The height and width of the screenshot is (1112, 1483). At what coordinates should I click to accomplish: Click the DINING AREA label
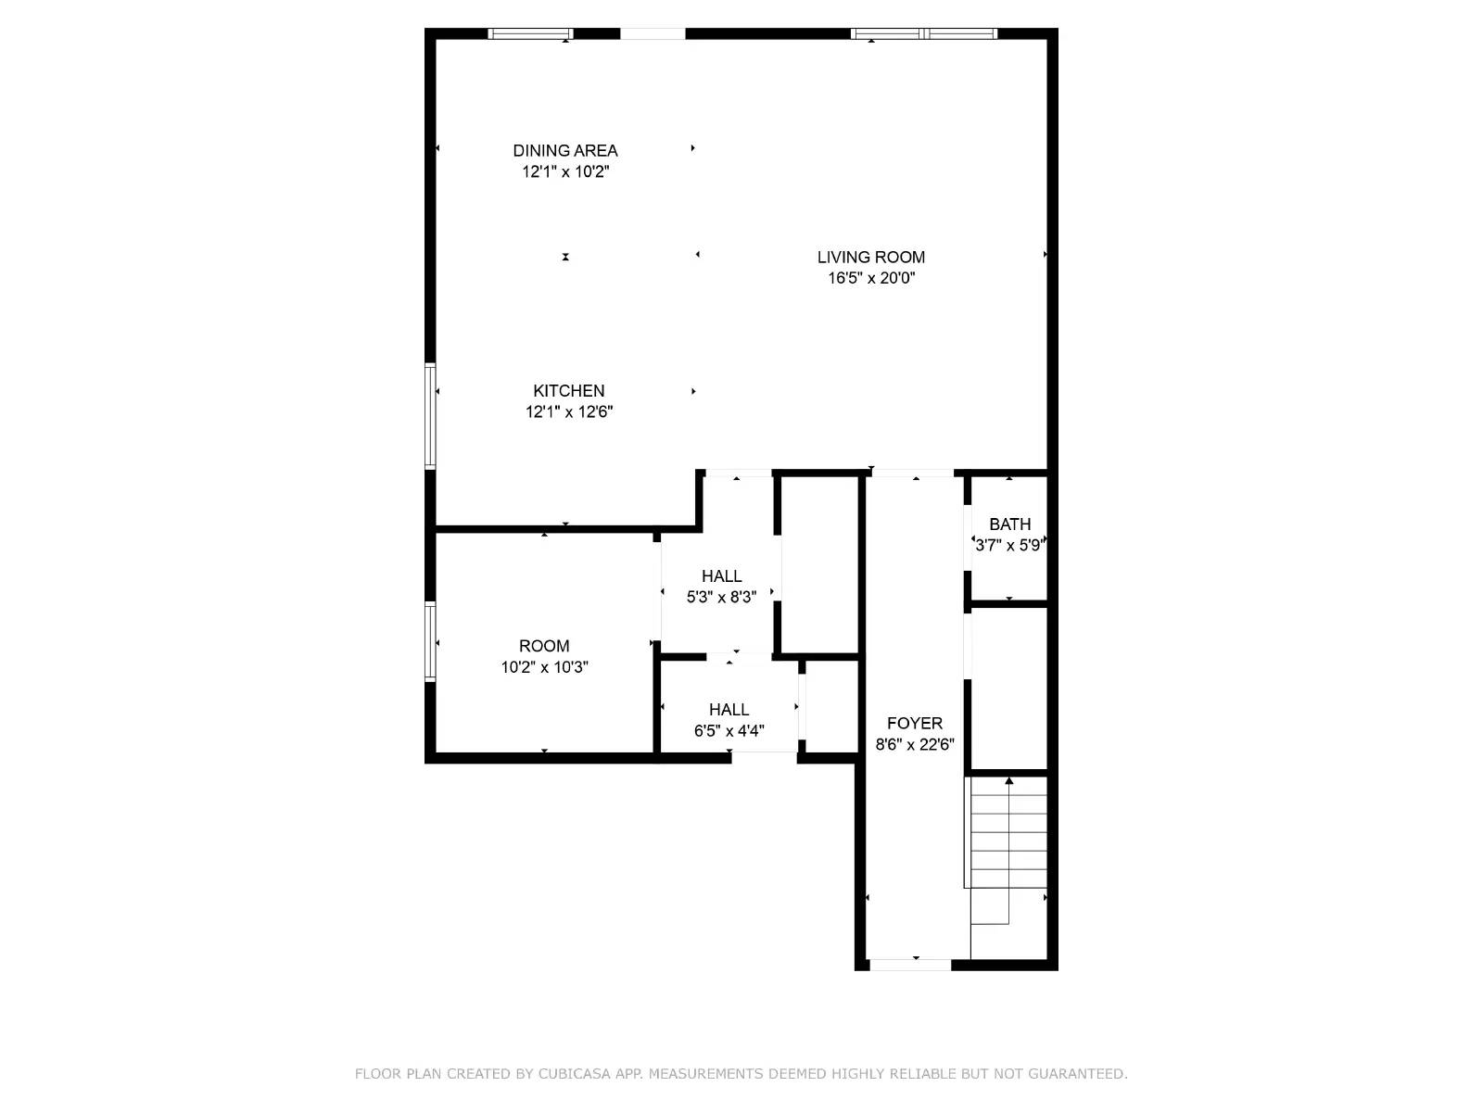[x=564, y=150]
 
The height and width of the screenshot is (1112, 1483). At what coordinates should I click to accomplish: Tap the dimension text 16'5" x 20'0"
[x=870, y=278]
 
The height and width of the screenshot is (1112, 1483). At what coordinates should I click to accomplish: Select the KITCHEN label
[x=568, y=391]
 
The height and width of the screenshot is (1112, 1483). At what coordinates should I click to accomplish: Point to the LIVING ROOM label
[x=870, y=257]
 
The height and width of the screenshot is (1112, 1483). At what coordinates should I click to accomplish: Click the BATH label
[x=1009, y=524]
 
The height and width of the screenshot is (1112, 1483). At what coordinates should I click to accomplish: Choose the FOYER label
[x=914, y=723]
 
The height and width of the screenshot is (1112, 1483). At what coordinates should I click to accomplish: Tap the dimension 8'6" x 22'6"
[x=914, y=744]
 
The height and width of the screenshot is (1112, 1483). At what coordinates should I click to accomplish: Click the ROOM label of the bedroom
[x=544, y=646]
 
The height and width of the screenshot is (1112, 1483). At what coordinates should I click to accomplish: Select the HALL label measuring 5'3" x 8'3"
[x=721, y=576]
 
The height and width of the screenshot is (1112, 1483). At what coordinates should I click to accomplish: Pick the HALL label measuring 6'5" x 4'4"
[x=729, y=710]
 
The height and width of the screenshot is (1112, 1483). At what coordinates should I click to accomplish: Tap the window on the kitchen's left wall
[x=430, y=415]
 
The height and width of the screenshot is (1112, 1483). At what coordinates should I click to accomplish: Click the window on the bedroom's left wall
[x=430, y=641]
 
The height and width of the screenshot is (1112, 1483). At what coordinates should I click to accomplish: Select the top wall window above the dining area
[x=530, y=34]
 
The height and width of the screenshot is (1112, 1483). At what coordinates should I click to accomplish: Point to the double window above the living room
[x=924, y=34]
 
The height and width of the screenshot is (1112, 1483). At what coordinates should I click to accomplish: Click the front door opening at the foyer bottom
[x=910, y=965]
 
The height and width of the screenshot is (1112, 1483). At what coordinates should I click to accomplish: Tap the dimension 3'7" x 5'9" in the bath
[x=1008, y=546]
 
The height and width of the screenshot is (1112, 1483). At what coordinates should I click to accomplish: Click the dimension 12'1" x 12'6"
[x=568, y=412]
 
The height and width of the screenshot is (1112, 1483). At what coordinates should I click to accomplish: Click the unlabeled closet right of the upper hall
[x=818, y=565]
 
